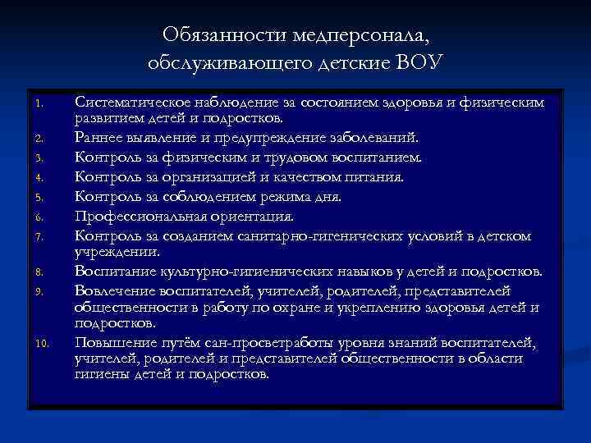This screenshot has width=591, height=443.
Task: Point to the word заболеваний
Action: click(x=378, y=136)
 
